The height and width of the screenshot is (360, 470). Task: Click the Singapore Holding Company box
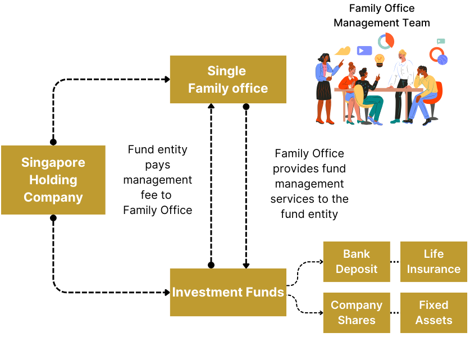(53, 180)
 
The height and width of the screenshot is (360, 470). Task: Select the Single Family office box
(228, 79)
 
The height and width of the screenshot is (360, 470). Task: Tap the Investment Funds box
(228, 293)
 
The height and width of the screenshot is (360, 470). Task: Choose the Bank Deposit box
(357, 262)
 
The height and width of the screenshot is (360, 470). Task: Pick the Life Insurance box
(434, 262)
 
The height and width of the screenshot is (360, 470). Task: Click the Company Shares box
(357, 313)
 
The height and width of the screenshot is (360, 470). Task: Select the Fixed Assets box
(434, 313)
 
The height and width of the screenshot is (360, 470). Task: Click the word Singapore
(53, 162)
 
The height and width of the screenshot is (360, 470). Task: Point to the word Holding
(53, 180)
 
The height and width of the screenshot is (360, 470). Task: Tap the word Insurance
(434, 269)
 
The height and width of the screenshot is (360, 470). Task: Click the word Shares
(357, 320)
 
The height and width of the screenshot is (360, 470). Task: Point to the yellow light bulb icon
(380, 59)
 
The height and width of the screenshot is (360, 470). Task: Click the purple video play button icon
(364, 51)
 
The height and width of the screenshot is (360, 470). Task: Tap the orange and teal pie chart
(386, 41)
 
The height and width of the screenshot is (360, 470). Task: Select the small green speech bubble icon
(441, 41)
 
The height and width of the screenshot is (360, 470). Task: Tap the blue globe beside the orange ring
(442, 60)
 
